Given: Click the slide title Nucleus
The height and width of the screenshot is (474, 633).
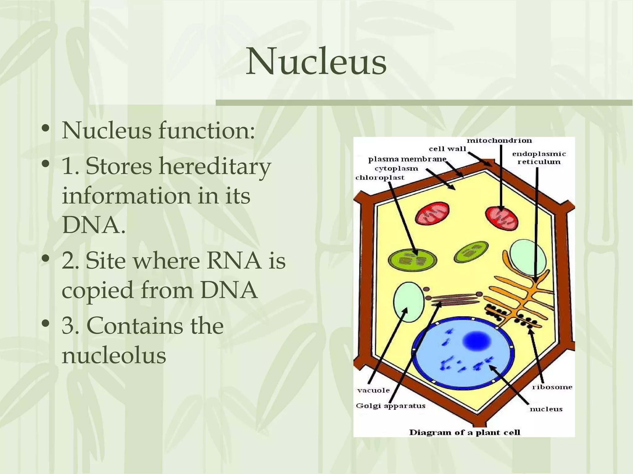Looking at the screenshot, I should point(316,61).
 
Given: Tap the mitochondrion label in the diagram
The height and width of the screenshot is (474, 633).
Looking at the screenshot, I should point(499,141).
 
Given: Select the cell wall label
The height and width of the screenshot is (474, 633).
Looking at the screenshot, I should point(447,149).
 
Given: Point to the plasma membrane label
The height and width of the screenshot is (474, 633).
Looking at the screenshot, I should point(407,160).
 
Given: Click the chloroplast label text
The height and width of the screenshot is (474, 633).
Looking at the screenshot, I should point(380,178).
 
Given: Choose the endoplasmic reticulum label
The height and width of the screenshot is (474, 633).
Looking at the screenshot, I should point(539,158).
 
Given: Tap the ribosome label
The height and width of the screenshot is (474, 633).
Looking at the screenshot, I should point(552,387).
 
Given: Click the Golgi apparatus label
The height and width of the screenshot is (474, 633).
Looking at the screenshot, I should point(390,406).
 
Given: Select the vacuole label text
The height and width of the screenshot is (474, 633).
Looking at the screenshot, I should point(373,390).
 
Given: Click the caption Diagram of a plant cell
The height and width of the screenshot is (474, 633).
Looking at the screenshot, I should point(465,432).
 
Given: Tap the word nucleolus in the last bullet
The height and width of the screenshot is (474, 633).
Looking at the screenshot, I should point(114,355).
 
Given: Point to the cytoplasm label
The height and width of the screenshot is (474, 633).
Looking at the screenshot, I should point(396,168).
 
